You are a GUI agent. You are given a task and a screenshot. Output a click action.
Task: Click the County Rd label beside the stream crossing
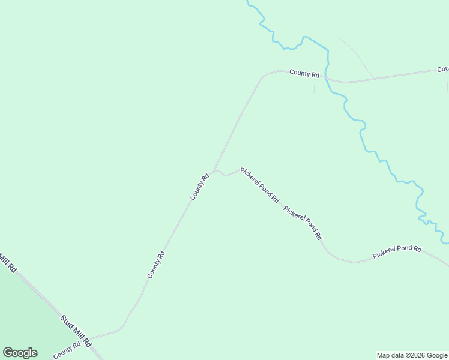tap(304, 73)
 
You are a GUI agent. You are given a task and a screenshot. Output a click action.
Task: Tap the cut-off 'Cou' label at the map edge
tap(443, 70)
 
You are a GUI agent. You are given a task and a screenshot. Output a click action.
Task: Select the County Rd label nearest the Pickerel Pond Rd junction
tap(200, 187)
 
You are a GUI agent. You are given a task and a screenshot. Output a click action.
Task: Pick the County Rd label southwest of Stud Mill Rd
tap(67, 350)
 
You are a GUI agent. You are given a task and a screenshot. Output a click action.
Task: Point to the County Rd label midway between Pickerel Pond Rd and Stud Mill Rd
tap(156, 265)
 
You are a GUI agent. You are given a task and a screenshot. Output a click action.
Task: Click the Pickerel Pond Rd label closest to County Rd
tap(259, 184)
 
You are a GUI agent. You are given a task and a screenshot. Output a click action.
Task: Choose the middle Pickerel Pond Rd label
tap(303, 223)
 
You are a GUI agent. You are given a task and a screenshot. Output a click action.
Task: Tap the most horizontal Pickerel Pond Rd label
tap(397, 251)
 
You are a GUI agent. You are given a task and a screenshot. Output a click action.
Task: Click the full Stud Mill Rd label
tap(75, 331)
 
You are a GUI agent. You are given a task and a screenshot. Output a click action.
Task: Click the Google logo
tap(20, 353)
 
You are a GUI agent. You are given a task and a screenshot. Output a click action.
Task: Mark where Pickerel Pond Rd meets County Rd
tap(215, 171)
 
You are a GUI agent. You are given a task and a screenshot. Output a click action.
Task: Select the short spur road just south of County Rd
tap(314, 85)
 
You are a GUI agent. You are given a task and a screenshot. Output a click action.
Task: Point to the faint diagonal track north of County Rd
tap(357, 57)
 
